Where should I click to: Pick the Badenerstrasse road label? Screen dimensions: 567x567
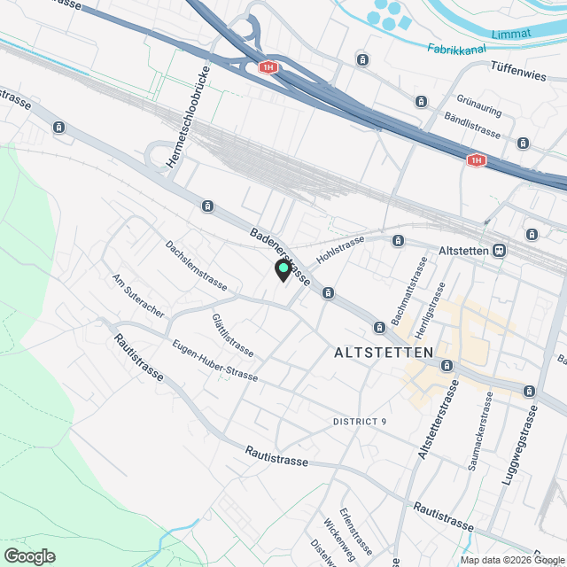(x=279, y=257)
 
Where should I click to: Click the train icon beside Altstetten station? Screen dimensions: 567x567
(x=501, y=251)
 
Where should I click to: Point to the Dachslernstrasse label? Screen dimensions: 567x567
(x=197, y=266)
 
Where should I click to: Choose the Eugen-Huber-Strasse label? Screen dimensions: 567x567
(x=215, y=361)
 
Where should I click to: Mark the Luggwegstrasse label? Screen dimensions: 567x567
(x=523, y=448)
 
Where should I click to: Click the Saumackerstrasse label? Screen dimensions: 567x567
(x=482, y=431)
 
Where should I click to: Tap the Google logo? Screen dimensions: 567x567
(x=29, y=556)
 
